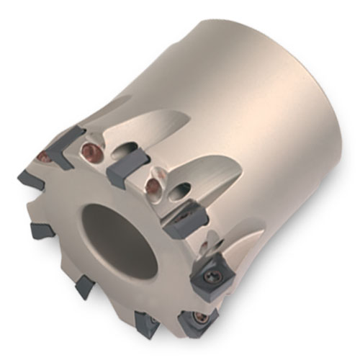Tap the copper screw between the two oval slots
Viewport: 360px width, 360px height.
[x=153, y=186]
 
